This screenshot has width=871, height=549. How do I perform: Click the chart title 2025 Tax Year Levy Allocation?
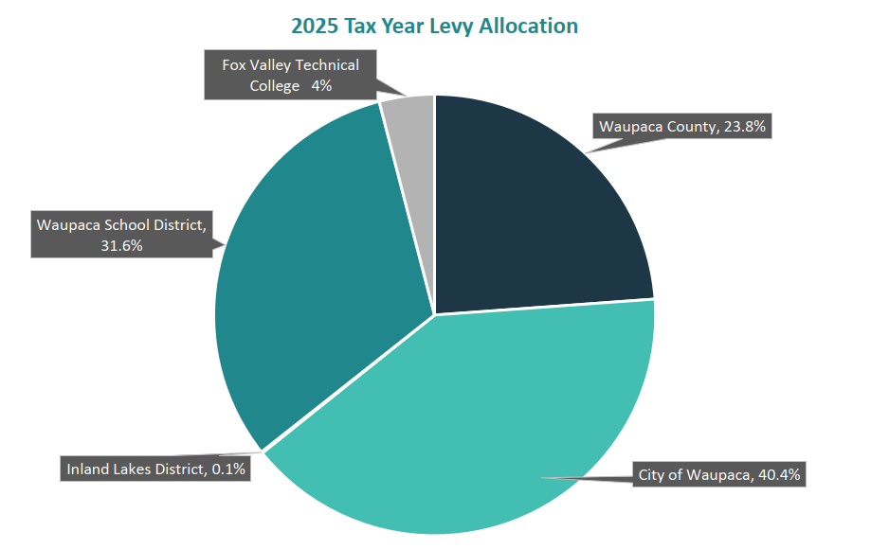click(x=434, y=26)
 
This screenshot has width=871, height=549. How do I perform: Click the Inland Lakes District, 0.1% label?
click(x=156, y=469)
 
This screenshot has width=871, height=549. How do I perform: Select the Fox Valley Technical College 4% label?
click(x=290, y=76)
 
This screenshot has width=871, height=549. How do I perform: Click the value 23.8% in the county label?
click(x=743, y=126)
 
